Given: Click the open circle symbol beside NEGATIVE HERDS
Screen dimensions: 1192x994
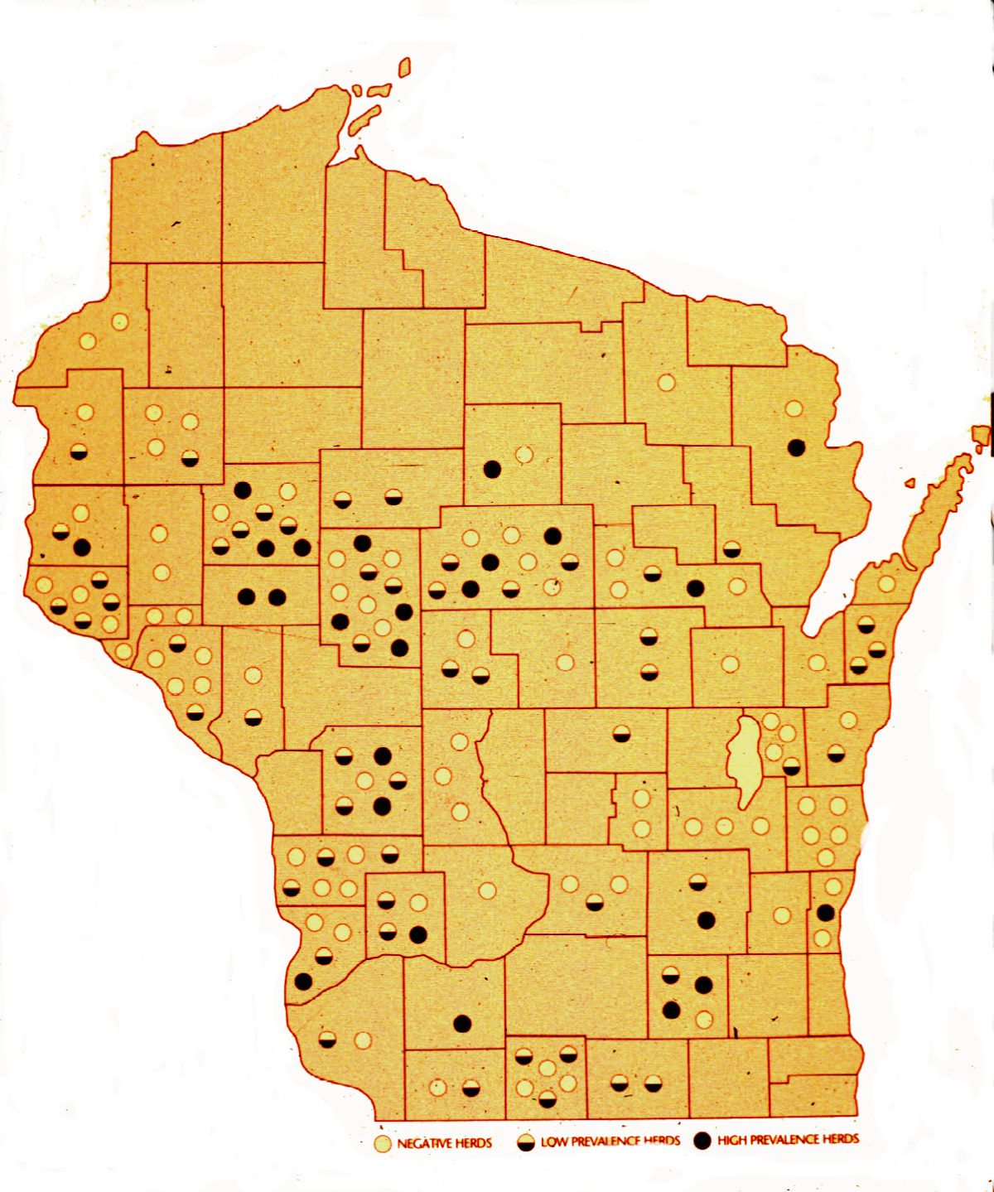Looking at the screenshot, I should point(382,1145).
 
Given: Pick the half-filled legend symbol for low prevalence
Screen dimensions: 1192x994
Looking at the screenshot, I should point(525,1143).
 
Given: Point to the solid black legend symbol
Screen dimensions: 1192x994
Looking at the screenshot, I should point(702,1141).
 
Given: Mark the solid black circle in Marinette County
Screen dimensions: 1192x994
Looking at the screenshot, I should point(796,447).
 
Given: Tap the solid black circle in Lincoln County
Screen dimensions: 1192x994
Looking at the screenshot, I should point(492,469).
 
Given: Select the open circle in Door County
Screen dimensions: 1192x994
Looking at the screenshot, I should point(886,584).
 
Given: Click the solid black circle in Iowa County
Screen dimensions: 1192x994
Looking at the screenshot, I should point(462,1024).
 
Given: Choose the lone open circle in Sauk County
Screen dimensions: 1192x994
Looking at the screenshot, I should point(487,890).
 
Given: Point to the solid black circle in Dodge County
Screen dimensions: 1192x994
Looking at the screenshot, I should point(706,919).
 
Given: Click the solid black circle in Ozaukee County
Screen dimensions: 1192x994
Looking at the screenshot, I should point(825,913).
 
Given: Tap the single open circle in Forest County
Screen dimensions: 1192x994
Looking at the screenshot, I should point(666,383).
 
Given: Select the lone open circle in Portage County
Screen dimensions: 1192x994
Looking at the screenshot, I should point(565,663).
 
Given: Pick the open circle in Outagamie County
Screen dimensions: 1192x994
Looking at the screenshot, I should point(730,664).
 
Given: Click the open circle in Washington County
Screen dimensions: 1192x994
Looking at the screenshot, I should point(781,915).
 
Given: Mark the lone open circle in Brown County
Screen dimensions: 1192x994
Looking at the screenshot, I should point(817,663).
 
